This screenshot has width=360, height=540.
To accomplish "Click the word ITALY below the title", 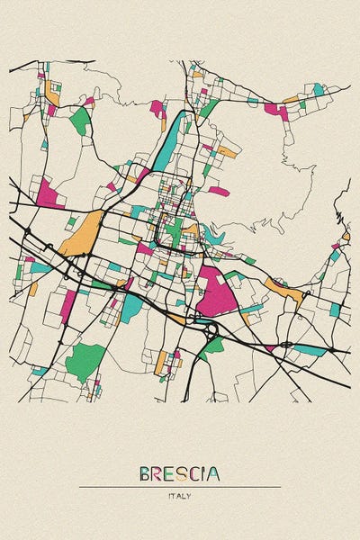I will point(179,496).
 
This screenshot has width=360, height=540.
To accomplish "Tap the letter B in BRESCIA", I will point(145,473).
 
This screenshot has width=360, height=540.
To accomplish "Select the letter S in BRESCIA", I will point(175,473).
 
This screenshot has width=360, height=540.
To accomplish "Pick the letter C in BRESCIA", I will point(190,473).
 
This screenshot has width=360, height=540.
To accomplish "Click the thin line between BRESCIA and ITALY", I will point(179,487).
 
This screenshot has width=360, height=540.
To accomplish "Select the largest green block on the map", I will point(85,361).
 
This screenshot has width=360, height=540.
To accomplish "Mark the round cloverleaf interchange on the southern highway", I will point(212,331).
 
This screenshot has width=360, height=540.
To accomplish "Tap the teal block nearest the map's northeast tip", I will point(318,89).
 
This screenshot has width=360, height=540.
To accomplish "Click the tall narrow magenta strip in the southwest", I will point(68,306).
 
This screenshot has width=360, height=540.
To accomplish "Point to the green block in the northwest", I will point(81,121).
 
